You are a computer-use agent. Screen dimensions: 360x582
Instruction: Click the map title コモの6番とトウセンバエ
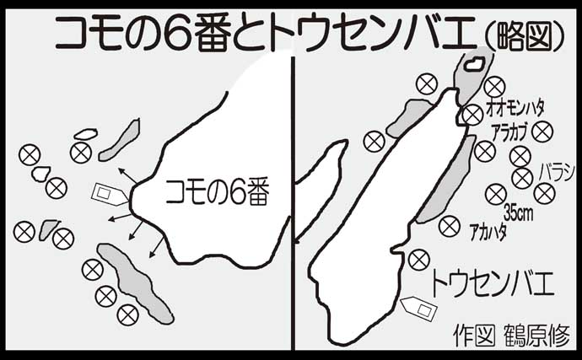[261, 34]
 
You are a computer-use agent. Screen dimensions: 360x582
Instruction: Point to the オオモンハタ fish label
[515, 107]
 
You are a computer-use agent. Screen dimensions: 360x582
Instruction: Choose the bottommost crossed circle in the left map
[127, 314]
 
